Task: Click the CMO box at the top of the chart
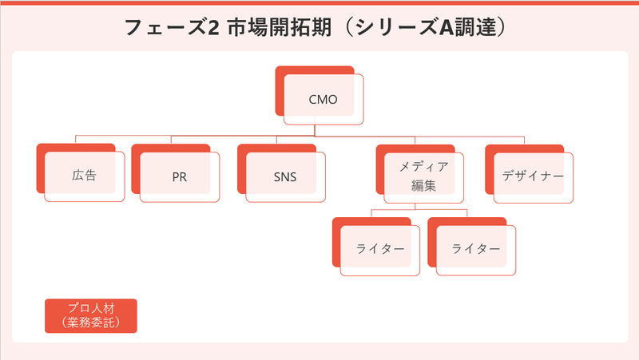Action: point(323,100)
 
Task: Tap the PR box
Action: point(179,176)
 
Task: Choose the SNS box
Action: point(284,176)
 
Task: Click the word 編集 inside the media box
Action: point(423,186)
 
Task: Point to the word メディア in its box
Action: point(423,167)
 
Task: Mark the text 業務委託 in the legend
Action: point(91,323)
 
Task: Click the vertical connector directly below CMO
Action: point(315,130)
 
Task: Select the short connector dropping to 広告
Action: point(76,140)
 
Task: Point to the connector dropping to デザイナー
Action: point(525,140)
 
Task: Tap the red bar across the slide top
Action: point(319,2)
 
